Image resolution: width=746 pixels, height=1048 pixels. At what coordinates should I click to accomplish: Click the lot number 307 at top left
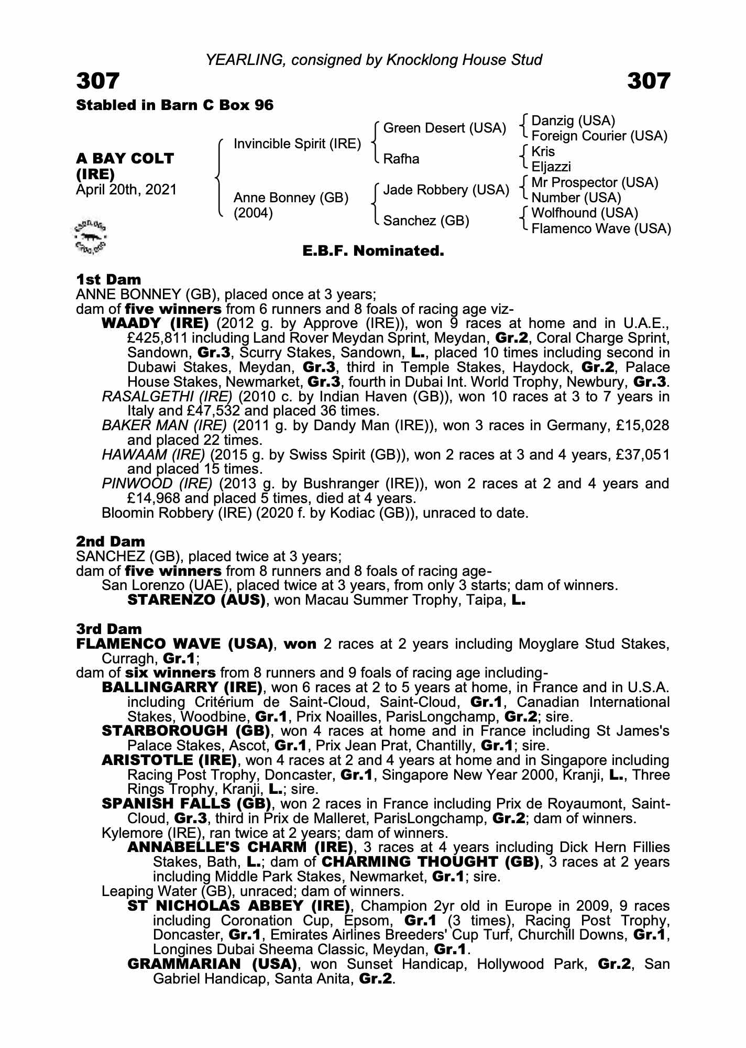click(98, 81)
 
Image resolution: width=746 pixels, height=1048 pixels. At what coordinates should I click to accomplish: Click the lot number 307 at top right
click(649, 81)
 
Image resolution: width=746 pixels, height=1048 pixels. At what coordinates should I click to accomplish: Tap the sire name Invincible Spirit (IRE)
click(297, 144)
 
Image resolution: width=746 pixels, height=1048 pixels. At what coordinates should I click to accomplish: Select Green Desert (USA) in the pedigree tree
click(445, 128)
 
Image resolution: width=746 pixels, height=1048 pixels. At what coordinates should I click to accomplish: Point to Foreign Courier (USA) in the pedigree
click(599, 136)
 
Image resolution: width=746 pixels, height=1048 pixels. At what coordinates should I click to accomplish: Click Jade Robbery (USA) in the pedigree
click(446, 190)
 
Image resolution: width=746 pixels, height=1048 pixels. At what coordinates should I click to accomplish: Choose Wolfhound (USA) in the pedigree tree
click(585, 213)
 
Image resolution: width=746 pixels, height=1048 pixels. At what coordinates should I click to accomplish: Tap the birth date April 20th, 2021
click(126, 190)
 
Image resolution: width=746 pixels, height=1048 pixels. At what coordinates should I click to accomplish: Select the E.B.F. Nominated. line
click(373, 251)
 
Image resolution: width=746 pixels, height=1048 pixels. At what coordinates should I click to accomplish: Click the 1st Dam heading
click(108, 279)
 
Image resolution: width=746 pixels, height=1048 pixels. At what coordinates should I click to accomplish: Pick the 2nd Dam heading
click(111, 541)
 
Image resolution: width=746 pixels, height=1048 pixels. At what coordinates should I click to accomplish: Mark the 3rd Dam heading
click(109, 629)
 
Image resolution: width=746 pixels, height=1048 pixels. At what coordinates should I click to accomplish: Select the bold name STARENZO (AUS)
click(196, 600)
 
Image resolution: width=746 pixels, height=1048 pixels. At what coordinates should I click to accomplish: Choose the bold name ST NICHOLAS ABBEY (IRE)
click(238, 906)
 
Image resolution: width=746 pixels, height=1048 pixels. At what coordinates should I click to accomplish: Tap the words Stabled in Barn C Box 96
click(175, 105)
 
